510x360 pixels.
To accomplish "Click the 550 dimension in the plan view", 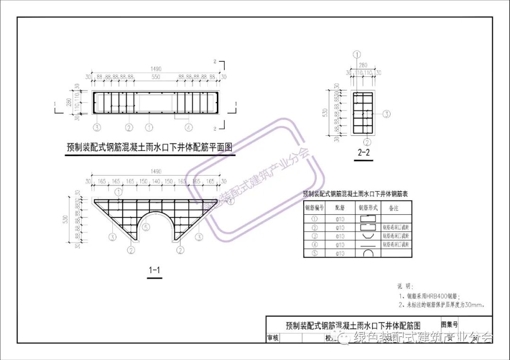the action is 155,76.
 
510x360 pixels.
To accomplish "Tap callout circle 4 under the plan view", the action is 188,127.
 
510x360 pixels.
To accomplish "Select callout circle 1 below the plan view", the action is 149,127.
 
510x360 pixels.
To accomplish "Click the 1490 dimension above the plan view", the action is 155,69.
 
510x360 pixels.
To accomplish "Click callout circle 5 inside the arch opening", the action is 146,227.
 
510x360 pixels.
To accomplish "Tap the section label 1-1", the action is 154,270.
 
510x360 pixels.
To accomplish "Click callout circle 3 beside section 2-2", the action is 386,114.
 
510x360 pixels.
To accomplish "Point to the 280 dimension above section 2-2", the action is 364,65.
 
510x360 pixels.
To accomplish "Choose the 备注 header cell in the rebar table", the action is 393,208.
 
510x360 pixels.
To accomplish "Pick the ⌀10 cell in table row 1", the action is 340,219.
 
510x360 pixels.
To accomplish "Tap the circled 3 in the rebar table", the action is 314,236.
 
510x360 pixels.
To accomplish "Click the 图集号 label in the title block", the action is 450,324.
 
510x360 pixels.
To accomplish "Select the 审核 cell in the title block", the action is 273,338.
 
